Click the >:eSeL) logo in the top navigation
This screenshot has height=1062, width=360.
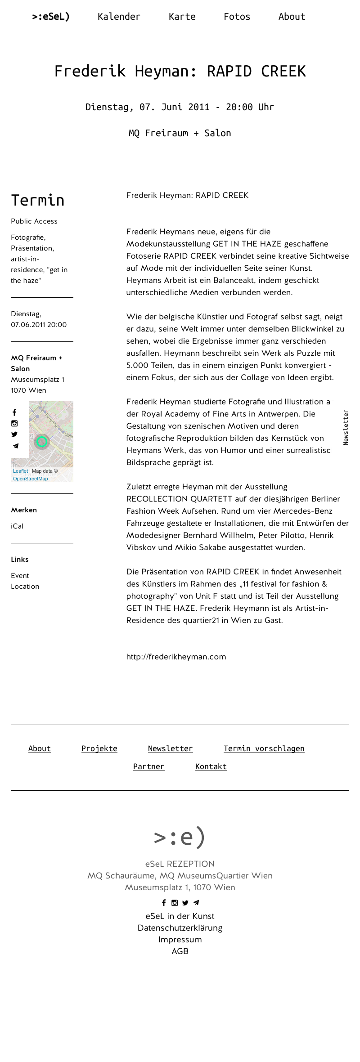coord(51,17)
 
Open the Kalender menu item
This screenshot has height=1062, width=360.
coord(119,17)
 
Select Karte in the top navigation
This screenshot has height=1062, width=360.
coord(182,17)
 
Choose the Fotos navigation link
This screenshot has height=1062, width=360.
coord(237,17)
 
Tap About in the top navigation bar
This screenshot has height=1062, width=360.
coord(292,17)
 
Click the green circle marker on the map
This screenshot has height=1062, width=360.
coord(42,441)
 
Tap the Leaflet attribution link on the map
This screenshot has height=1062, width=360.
coord(20,471)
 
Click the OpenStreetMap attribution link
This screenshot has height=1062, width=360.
coord(30,479)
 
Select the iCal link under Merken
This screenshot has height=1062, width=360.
coord(17,526)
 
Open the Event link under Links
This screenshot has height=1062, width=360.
coord(20,576)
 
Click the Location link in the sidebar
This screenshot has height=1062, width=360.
coord(25,587)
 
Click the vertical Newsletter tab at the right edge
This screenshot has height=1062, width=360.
coord(346,427)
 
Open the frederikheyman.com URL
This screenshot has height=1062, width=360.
coord(176,657)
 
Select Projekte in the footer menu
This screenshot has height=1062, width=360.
coord(99,748)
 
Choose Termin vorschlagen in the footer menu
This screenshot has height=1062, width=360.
coord(264,748)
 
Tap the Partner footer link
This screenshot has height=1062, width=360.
coord(148,766)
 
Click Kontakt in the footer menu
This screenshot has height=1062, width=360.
coord(211,766)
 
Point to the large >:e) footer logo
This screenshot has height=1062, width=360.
coord(180,837)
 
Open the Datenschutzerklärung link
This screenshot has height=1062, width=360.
coord(180,928)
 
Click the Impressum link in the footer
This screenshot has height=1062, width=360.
coord(180,940)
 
